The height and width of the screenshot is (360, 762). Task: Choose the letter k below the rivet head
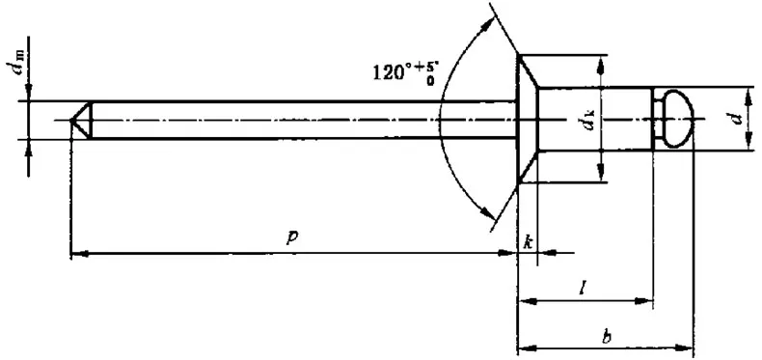(529, 241)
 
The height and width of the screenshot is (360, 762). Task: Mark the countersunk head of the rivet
(527, 120)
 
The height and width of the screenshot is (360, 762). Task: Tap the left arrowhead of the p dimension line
(77, 254)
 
